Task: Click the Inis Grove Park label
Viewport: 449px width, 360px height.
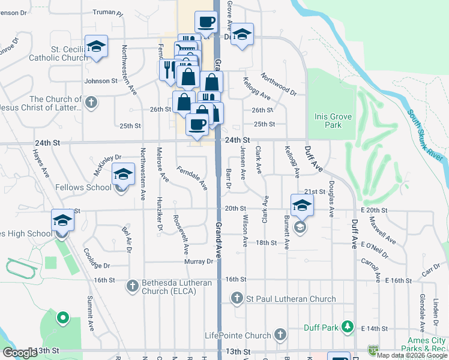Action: (x=328, y=121)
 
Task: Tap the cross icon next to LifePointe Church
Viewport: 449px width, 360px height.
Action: (x=279, y=335)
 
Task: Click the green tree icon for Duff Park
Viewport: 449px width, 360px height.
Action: (x=347, y=327)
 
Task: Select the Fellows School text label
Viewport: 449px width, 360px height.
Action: (x=83, y=187)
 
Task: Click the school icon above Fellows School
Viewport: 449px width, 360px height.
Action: (x=123, y=175)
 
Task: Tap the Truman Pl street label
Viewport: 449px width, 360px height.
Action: (x=109, y=12)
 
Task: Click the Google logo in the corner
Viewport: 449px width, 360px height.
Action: (x=20, y=353)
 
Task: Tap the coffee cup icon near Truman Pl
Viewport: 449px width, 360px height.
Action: (x=206, y=23)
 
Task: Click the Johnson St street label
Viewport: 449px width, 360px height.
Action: (x=101, y=81)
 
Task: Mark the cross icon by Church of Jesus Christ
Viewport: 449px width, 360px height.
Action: (x=91, y=103)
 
